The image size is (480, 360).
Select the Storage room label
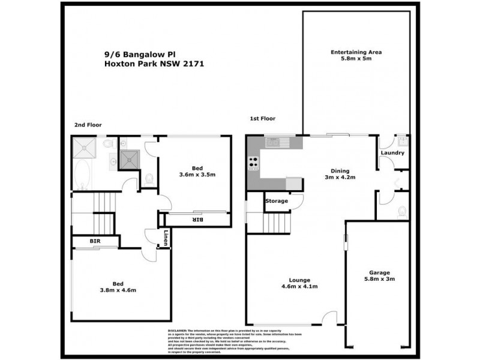pos(277,201)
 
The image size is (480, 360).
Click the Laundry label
pos(392,153)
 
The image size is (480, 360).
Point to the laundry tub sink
pos(403,142)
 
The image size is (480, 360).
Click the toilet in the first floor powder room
pos(401,211)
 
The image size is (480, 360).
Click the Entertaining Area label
pos(356,52)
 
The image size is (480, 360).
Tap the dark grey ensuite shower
pos(128,158)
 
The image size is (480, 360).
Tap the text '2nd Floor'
pos(88,125)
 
